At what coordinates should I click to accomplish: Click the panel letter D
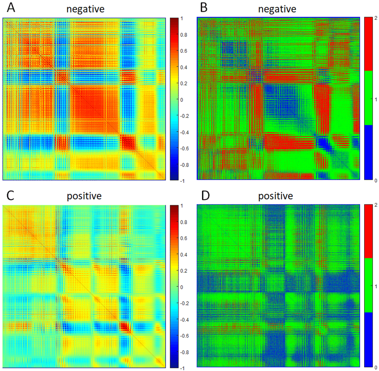pos(204,197)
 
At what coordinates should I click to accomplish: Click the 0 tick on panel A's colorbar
pos(182,99)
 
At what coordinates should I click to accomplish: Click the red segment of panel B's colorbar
pos(369,44)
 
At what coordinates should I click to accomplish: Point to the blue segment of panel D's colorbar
pos(369,340)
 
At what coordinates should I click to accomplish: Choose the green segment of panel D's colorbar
pos(369,285)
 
